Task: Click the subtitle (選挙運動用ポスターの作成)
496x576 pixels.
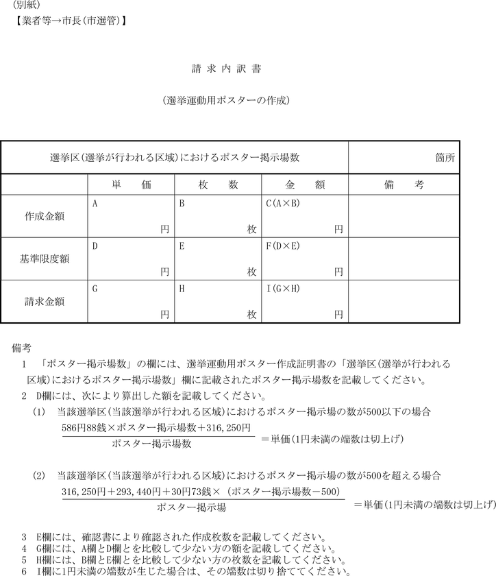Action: coord(227,100)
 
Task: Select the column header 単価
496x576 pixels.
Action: coord(131,185)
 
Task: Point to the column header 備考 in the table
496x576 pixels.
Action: coord(404,185)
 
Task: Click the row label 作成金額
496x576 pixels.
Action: coord(45,216)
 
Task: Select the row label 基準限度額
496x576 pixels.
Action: coord(45,259)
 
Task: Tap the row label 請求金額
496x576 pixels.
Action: coord(45,302)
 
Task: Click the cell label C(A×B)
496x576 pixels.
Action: coord(283,204)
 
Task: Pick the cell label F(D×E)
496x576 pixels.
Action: coord(283,246)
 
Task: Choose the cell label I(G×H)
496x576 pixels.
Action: coord(283,289)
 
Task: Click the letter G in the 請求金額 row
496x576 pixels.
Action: coord(95,289)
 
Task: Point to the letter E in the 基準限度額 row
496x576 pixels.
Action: coord(182,246)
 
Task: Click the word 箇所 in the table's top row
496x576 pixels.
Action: coord(445,157)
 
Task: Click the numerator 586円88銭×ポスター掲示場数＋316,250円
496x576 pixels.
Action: coord(157,427)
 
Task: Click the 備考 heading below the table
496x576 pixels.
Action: coord(22,348)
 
